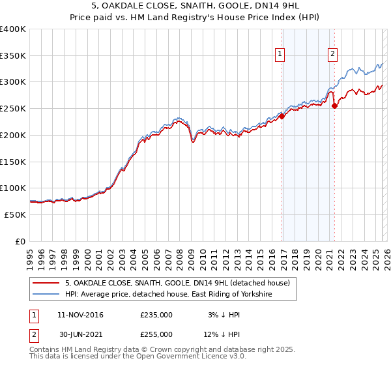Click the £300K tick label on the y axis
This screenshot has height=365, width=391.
coord(13,82)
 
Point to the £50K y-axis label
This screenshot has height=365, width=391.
coord(15,214)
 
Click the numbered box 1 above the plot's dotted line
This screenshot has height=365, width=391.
coord(280,55)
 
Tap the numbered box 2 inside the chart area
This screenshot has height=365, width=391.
coord(332,55)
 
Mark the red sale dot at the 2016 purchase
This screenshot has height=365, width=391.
coord(282,117)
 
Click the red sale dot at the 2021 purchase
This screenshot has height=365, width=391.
coord(335,106)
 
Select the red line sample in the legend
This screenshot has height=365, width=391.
coord(46,283)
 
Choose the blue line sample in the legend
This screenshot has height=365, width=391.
coord(46,295)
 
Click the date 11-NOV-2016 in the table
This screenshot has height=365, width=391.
coord(80,315)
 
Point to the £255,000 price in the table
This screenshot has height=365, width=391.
coord(156,334)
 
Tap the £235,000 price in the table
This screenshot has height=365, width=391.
coord(156,315)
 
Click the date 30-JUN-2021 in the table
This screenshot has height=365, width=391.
coord(80,334)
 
